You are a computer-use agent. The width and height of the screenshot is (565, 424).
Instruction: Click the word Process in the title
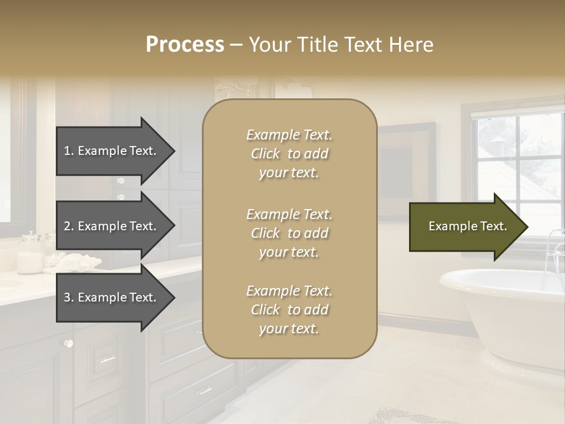pyautogui.click(x=185, y=45)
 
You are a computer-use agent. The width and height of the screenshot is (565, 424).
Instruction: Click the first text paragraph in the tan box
pyautogui.click(x=289, y=154)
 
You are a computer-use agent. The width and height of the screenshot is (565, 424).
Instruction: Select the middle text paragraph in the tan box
pyautogui.click(x=289, y=233)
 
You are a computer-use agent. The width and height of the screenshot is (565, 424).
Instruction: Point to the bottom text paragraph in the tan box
pyautogui.click(x=289, y=310)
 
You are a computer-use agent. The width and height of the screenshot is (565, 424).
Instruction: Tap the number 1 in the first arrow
pyautogui.click(x=67, y=151)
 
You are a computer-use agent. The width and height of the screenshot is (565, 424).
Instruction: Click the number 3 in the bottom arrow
pyautogui.click(x=67, y=297)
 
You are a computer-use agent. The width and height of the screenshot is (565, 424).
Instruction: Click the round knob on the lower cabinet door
pyautogui.click(x=69, y=343)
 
